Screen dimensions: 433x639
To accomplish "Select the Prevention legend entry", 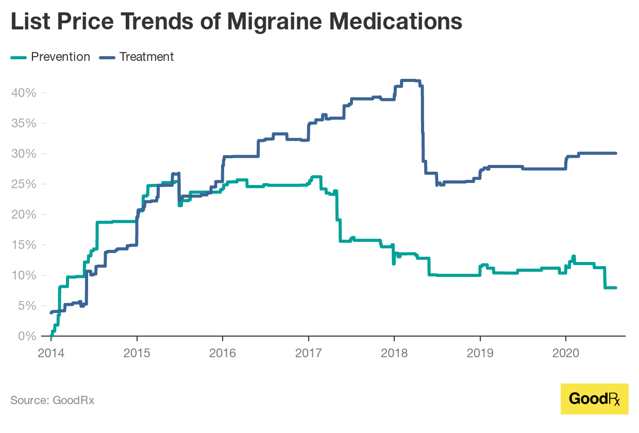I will (60, 57).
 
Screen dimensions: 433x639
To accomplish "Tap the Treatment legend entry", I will (146, 57).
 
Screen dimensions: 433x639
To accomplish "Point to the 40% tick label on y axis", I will (23, 93).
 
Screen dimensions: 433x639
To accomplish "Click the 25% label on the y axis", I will (23, 184).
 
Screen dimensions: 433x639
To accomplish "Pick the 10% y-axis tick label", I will (23, 275).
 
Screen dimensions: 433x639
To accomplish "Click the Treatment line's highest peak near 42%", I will (410, 80).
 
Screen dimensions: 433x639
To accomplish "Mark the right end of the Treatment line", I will (615, 153).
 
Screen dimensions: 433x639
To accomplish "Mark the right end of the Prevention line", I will (615, 288).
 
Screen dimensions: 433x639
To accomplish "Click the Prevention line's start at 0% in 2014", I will (51, 336).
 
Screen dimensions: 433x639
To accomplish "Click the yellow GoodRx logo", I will (594, 398).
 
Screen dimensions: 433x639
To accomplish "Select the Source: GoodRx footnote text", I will (52, 400).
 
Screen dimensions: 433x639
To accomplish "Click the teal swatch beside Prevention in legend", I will (19, 57).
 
